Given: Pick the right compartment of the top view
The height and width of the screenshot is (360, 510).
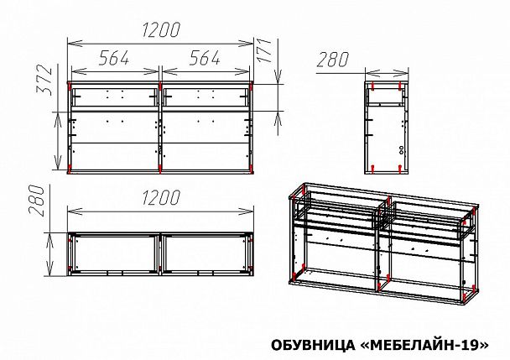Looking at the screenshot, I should pos(206,254).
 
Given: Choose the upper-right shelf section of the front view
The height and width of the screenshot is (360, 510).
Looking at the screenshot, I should pos(206,97).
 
